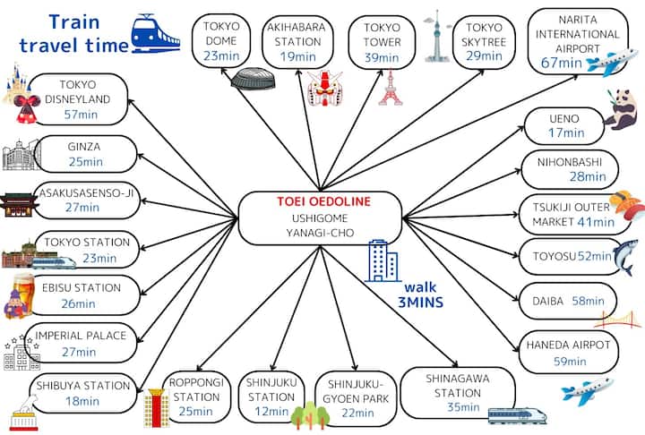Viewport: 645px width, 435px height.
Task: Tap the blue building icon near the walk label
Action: [x=383, y=260]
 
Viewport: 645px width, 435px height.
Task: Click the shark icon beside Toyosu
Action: [x=624, y=257]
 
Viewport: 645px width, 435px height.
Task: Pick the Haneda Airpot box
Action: [x=568, y=353]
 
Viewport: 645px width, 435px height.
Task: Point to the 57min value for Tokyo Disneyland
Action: [x=80, y=115]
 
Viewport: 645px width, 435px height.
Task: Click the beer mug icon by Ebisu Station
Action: [x=19, y=296]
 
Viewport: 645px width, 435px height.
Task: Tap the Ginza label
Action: [x=83, y=146]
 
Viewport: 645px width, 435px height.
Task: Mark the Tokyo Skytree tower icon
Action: [x=435, y=36]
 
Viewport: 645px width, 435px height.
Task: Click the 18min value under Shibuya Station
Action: [x=82, y=400]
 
